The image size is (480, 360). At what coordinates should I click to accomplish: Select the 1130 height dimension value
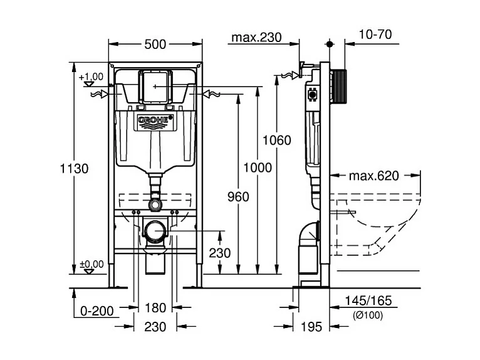pos(75,168)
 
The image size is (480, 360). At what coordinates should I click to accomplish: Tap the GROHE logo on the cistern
pos(155,121)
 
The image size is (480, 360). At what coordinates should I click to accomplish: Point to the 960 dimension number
pos(239,196)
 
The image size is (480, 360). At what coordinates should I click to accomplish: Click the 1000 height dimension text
pos(258,167)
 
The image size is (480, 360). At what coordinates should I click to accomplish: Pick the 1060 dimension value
pos(277,140)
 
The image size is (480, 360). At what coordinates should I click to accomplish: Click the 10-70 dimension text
pos(376,34)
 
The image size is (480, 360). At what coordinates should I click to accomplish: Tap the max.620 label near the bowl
pos(374,176)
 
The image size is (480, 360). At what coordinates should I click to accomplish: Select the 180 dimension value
pos(155,308)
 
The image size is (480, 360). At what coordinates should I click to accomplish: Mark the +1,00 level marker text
pos(91,76)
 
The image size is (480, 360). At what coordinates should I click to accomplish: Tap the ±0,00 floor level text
pos(91,264)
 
